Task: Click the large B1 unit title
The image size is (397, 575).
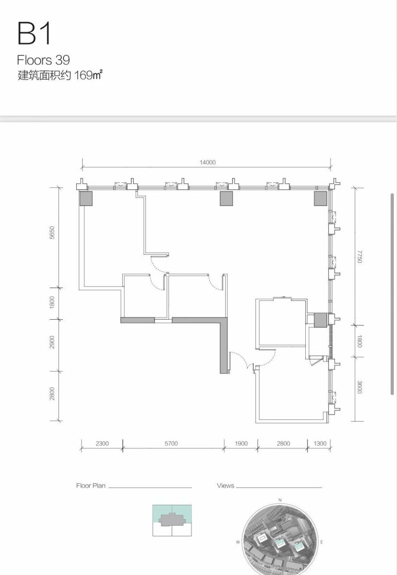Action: [x=34, y=33]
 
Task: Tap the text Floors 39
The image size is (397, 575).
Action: [x=43, y=60]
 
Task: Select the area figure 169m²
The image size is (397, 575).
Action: [x=88, y=75]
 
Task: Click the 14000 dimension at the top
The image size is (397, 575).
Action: [x=208, y=162]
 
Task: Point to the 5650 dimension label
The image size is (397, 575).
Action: [x=52, y=232]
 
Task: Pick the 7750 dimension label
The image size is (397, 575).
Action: [x=359, y=256]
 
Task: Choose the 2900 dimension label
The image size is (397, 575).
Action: [x=52, y=342]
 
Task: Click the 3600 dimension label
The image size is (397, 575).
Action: [x=359, y=387]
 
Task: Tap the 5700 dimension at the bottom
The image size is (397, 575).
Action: [x=171, y=444]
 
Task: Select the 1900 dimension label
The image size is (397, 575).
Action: [x=241, y=444]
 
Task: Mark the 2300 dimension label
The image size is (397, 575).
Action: [x=102, y=444]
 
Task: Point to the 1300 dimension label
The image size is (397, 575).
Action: [x=320, y=444]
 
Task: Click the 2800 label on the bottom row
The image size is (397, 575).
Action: [x=283, y=444]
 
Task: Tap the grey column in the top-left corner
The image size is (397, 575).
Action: [x=86, y=198]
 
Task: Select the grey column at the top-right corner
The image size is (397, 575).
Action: [x=320, y=198]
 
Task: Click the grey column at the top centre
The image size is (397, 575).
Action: [x=226, y=198]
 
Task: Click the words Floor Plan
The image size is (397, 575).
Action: [x=91, y=485]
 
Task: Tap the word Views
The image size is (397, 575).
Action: [x=225, y=485]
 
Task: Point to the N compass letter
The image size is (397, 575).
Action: [x=280, y=500]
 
